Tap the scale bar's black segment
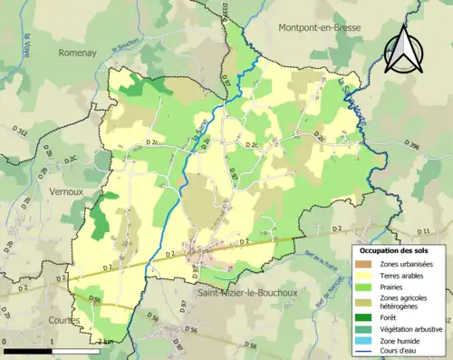(28, 350)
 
